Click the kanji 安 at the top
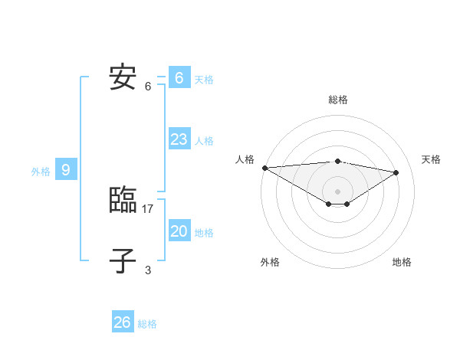tap(123, 78)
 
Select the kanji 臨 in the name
tap(123, 201)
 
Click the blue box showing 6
tap(179, 78)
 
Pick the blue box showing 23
tap(179, 139)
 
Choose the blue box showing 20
tap(179, 231)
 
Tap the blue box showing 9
tap(66, 170)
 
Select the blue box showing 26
tap(123, 322)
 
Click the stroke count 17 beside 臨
tap(148, 208)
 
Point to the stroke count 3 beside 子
tap(148, 270)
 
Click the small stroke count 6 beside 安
tap(148, 86)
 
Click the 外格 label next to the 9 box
tap(41, 172)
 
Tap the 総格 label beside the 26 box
tap(147, 324)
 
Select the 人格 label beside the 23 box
tap(204, 141)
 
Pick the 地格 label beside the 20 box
tap(204, 233)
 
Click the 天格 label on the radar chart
tap(431, 159)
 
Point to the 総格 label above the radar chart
tap(337, 100)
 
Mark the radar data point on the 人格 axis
tap(264, 167)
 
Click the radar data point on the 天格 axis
tap(396, 172)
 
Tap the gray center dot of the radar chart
tap(337, 190)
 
